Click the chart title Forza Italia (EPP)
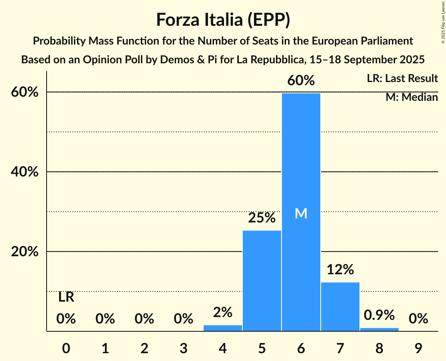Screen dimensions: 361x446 click(x=223, y=20)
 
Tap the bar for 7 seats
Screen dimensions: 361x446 click(x=340, y=306)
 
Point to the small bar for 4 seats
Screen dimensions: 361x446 click(x=223, y=328)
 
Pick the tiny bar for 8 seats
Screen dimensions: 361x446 click(x=379, y=329)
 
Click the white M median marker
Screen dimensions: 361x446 click(x=301, y=214)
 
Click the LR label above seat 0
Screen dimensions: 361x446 click(x=66, y=297)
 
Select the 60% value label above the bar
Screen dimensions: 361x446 click(x=301, y=80)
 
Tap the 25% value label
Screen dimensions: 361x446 click(x=262, y=218)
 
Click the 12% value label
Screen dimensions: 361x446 click(x=340, y=269)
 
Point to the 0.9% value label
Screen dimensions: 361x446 click(x=379, y=315)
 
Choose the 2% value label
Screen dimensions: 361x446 click(x=223, y=312)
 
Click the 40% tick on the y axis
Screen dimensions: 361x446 click(x=25, y=172)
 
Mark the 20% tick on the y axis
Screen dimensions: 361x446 click(x=25, y=252)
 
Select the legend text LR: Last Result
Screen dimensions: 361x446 click(x=402, y=79)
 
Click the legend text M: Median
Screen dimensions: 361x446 click(x=412, y=97)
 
